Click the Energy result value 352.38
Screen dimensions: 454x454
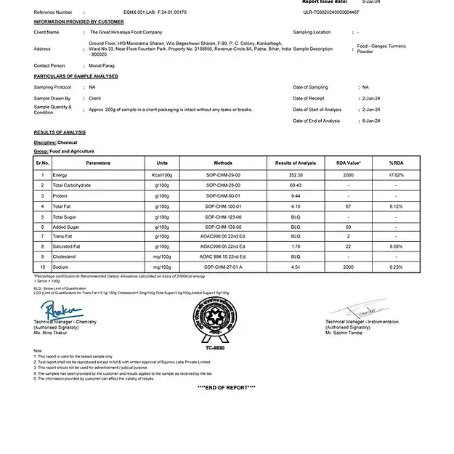tap(296, 175)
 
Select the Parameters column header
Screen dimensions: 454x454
tap(98, 163)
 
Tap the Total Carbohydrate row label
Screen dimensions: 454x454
tap(71, 185)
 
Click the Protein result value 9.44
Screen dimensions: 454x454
tap(296, 195)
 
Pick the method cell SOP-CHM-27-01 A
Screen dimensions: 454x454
tap(223, 267)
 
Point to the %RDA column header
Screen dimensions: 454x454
tap(396, 163)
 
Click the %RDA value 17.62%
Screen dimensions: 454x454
tap(396, 175)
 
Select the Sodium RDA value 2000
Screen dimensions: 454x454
tap(348, 267)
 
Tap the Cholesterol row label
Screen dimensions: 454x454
tap(65, 256)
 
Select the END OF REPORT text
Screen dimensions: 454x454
tap(226, 387)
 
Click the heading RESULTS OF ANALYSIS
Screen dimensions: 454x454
tap(60, 132)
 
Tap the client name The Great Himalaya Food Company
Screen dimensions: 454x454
tap(125, 33)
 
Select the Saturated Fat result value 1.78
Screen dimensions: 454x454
tap(296, 246)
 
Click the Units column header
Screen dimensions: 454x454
tap(162, 163)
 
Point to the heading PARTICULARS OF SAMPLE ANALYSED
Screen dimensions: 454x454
tap(76, 76)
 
